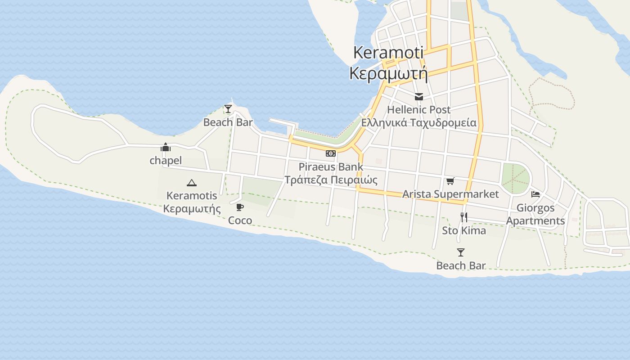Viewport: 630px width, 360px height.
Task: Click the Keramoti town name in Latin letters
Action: click(388, 52)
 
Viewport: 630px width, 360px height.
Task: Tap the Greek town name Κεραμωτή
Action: click(388, 73)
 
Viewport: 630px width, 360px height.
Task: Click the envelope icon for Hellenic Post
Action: click(419, 96)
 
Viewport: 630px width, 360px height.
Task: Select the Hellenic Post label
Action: click(418, 109)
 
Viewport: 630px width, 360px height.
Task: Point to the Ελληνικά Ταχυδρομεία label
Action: click(418, 122)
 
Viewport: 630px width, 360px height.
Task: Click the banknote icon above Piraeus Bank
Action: click(331, 153)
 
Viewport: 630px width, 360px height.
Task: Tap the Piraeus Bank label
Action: click(331, 167)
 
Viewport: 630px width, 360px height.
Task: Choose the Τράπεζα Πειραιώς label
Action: click(331, 180)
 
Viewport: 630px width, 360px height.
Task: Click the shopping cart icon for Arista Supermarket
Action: click(450, 181)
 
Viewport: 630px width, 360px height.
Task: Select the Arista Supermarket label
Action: click(450, 194)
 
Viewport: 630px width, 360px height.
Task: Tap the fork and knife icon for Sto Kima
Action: click(464, 217)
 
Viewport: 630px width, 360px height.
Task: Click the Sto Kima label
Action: click(464, 230)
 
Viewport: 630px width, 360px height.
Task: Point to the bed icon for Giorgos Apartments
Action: click(535, 194)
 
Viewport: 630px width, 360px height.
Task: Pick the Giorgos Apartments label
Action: click(535, 214)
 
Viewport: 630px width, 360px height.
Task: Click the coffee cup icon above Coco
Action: click(240, 207)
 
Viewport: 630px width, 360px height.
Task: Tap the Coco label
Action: click(240, 220)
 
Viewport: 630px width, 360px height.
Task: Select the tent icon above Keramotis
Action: click(192, 183)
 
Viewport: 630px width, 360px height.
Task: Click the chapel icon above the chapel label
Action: click(166, 147)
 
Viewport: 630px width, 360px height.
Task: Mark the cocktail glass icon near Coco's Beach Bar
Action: click(228, 109)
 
